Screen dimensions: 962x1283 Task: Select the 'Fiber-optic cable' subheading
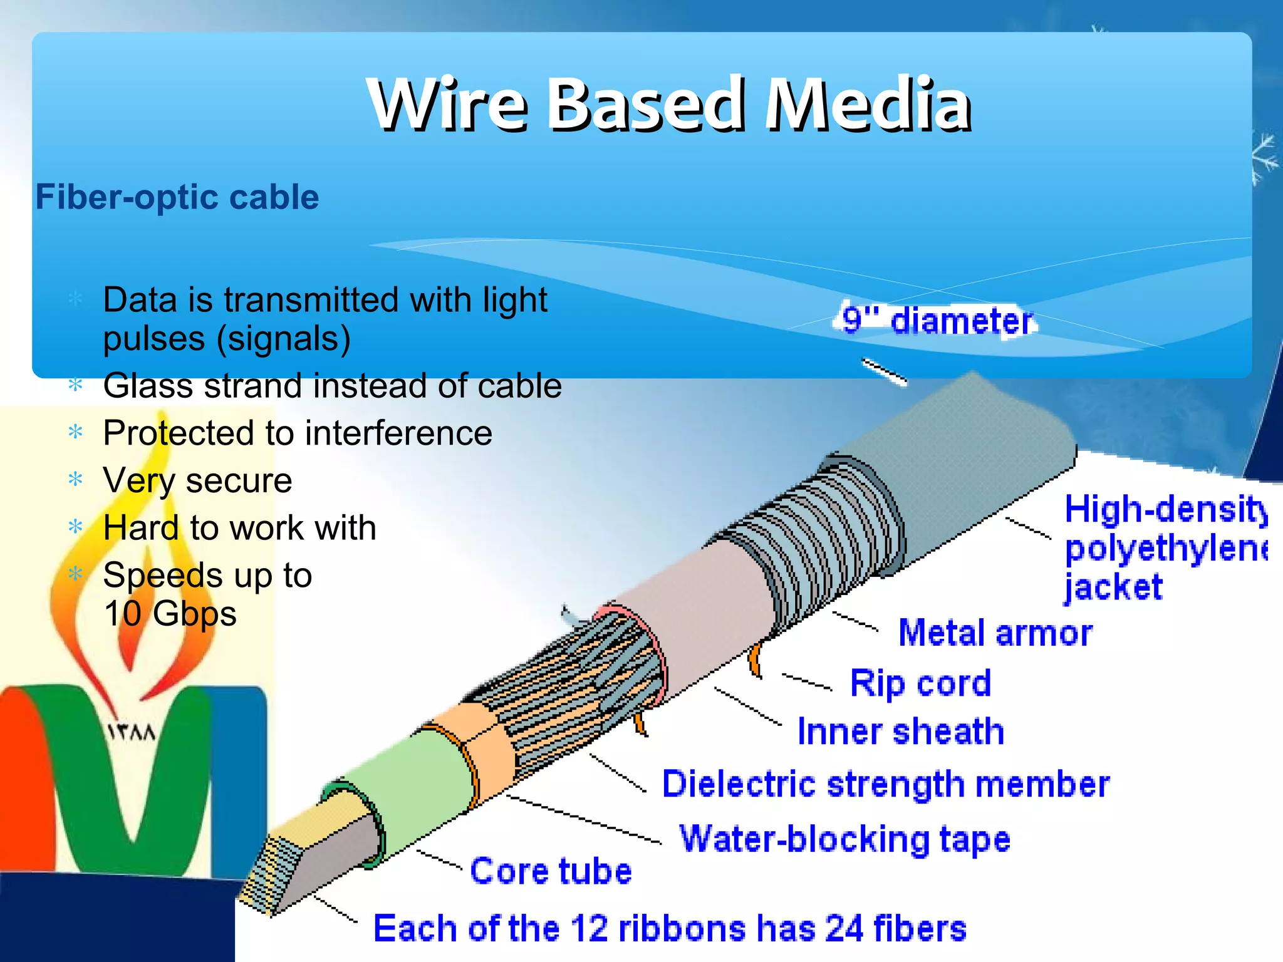[x=177, y=197]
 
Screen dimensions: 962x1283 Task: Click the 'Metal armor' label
[x=995, y=633]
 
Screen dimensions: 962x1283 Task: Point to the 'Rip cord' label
[x=920, y=683]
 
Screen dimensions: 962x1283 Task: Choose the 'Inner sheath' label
[x=900, y=732]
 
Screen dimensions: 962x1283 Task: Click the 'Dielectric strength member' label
[x=886, y=784]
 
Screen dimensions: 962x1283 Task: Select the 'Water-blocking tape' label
[x=845, y=839]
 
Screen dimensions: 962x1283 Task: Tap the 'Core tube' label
[x=551, y=871]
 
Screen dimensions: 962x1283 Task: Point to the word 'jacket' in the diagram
[x=1113, y=587]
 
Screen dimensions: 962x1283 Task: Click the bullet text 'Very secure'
[x=197, y=480]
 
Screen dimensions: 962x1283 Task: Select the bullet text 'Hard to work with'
[x=239, y=527]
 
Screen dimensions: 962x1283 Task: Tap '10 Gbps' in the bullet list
[x=170, y=613]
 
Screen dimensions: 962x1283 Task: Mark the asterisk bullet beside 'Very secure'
[x=76, y=480]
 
